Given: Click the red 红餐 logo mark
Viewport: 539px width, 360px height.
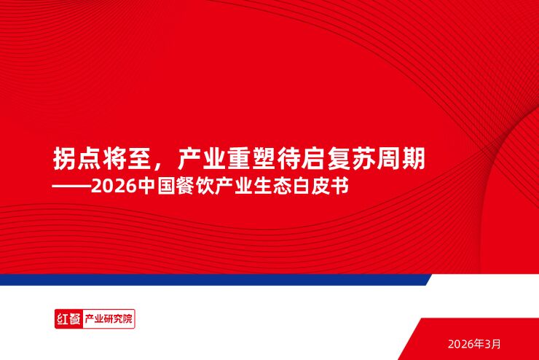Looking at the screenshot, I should point(68,319).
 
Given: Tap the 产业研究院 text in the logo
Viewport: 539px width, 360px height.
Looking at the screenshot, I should point(109,319).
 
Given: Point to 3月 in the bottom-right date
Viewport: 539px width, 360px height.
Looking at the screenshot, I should point(493,343).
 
